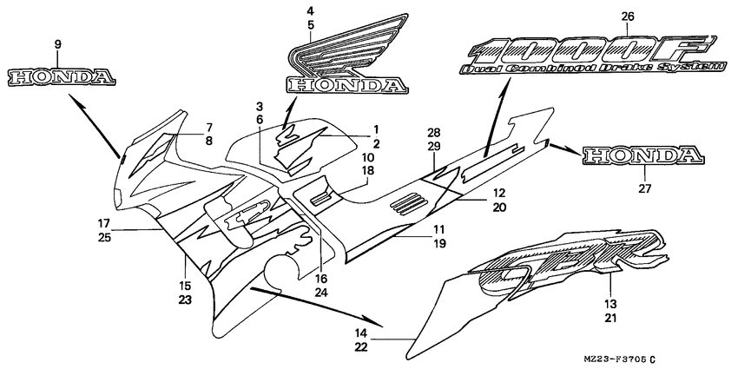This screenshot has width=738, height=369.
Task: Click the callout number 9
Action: tap(57, 43)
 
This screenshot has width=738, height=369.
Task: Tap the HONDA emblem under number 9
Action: tap(62, 78)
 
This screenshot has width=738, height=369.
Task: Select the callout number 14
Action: tap(360, 333)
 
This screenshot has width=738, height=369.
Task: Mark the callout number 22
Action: tap(360, 347)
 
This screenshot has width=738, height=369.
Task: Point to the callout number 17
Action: tap(103, 223)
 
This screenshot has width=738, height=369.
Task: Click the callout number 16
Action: tap(321, 280)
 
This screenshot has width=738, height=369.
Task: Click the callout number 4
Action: tap(310, 10)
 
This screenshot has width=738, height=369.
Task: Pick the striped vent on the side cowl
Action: tap(410, 205)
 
